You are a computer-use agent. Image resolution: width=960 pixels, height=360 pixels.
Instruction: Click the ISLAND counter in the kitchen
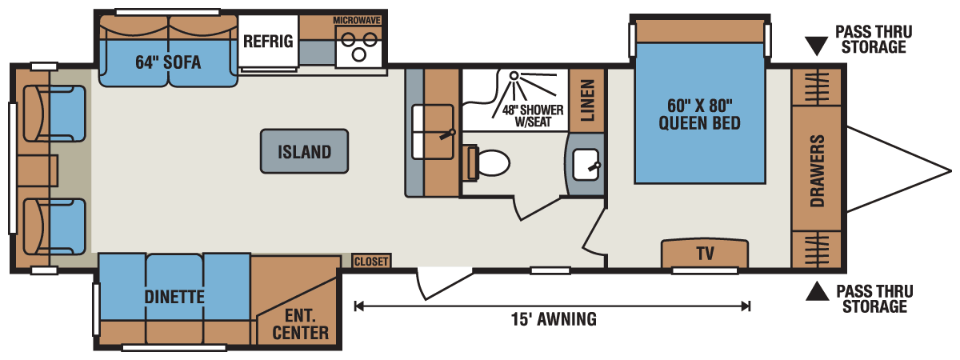(x=305, y=150)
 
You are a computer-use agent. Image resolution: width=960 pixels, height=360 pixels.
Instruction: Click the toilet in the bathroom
(x=489, y=162)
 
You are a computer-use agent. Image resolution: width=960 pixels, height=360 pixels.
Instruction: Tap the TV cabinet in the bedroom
(x=704, y=254)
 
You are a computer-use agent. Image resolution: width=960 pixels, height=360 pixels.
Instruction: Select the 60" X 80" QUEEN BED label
(x=698, y=114)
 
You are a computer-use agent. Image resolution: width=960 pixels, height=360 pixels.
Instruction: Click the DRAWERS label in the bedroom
(x=817, y=170)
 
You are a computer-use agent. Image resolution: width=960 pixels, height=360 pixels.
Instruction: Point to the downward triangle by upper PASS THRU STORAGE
(x=816, y=46)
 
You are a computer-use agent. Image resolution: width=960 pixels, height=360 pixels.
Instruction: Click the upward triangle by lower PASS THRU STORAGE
(x=816, y=292)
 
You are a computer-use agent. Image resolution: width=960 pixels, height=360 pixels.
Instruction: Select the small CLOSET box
(x=371, y=261)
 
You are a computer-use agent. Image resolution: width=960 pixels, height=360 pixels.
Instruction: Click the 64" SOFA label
(x=168, y=62)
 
